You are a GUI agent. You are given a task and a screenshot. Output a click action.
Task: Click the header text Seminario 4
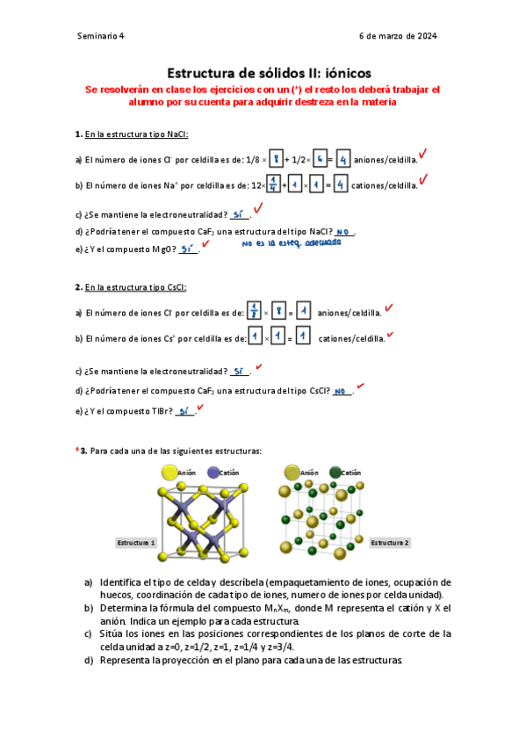click(101, 36)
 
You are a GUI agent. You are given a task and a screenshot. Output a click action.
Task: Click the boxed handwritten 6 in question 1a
click(318, 160)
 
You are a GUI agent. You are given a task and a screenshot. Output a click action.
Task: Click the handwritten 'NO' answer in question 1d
click(342, 232)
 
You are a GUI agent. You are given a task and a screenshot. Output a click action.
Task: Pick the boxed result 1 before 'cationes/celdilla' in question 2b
click(302, 336)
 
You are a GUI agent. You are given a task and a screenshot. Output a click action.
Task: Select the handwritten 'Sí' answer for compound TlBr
click(184, 410)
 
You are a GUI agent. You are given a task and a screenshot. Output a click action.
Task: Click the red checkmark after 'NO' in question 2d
click(360, 386)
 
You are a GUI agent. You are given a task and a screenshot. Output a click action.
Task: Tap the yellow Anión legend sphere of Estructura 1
click(168, 473)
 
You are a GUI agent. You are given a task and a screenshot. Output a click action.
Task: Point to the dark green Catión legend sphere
click(335, 473)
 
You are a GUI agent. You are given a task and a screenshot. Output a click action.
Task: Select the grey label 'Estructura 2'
click(389, 543)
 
